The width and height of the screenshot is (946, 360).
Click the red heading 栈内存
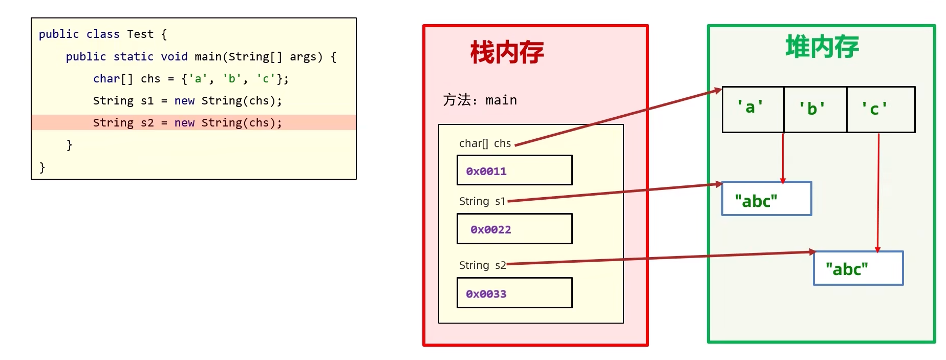pos(506,53)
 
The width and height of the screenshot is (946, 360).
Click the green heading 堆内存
pos(822,47)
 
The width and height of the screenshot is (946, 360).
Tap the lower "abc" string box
pos(858,268)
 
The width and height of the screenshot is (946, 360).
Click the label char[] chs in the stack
pos(485,143)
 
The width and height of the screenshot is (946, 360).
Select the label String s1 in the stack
pos(482,201)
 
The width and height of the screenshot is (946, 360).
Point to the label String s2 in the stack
pos(482,265)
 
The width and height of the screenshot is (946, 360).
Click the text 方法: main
pos(480,100)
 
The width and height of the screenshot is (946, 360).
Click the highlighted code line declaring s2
pos(187,123)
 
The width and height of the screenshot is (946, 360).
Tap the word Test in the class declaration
pos(140,34)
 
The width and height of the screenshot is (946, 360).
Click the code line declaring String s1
pos(187,101)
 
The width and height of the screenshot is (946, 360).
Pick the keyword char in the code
pos(106,79)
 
